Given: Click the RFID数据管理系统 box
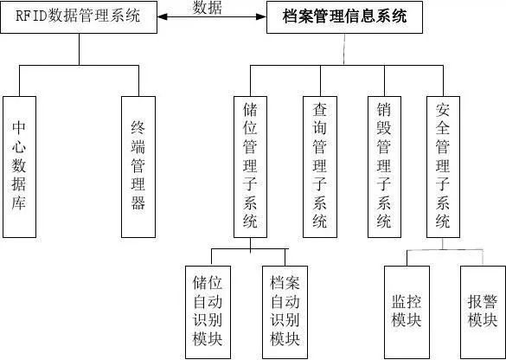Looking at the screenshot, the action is point(79,16).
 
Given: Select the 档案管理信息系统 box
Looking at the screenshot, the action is point(344,17).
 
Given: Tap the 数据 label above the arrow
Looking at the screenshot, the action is point(208,8).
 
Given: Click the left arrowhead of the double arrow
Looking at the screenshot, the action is point(163,16).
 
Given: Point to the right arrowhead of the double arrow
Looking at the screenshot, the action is point(261,16).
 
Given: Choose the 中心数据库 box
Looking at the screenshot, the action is point(19,167).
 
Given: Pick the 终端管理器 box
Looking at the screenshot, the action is point(138,167).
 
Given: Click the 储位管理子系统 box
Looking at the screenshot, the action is point(251,167).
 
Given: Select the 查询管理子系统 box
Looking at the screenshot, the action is point(320,167).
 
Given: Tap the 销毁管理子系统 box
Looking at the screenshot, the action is point(384,167).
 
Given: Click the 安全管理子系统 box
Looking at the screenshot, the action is point(443,167).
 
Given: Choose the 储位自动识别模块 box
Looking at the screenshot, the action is point(208,312).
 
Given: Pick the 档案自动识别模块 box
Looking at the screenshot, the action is point(285,312).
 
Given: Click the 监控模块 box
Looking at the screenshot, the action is point(407,312).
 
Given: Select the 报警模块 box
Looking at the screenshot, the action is point(483,312).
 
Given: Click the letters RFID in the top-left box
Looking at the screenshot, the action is point(31,16).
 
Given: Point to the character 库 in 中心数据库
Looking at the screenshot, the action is point(19,203).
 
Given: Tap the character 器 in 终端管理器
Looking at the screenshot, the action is point(138,202).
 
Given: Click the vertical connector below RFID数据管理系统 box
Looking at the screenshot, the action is point(79,49).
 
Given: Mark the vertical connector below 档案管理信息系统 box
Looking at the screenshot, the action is point(344,49).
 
